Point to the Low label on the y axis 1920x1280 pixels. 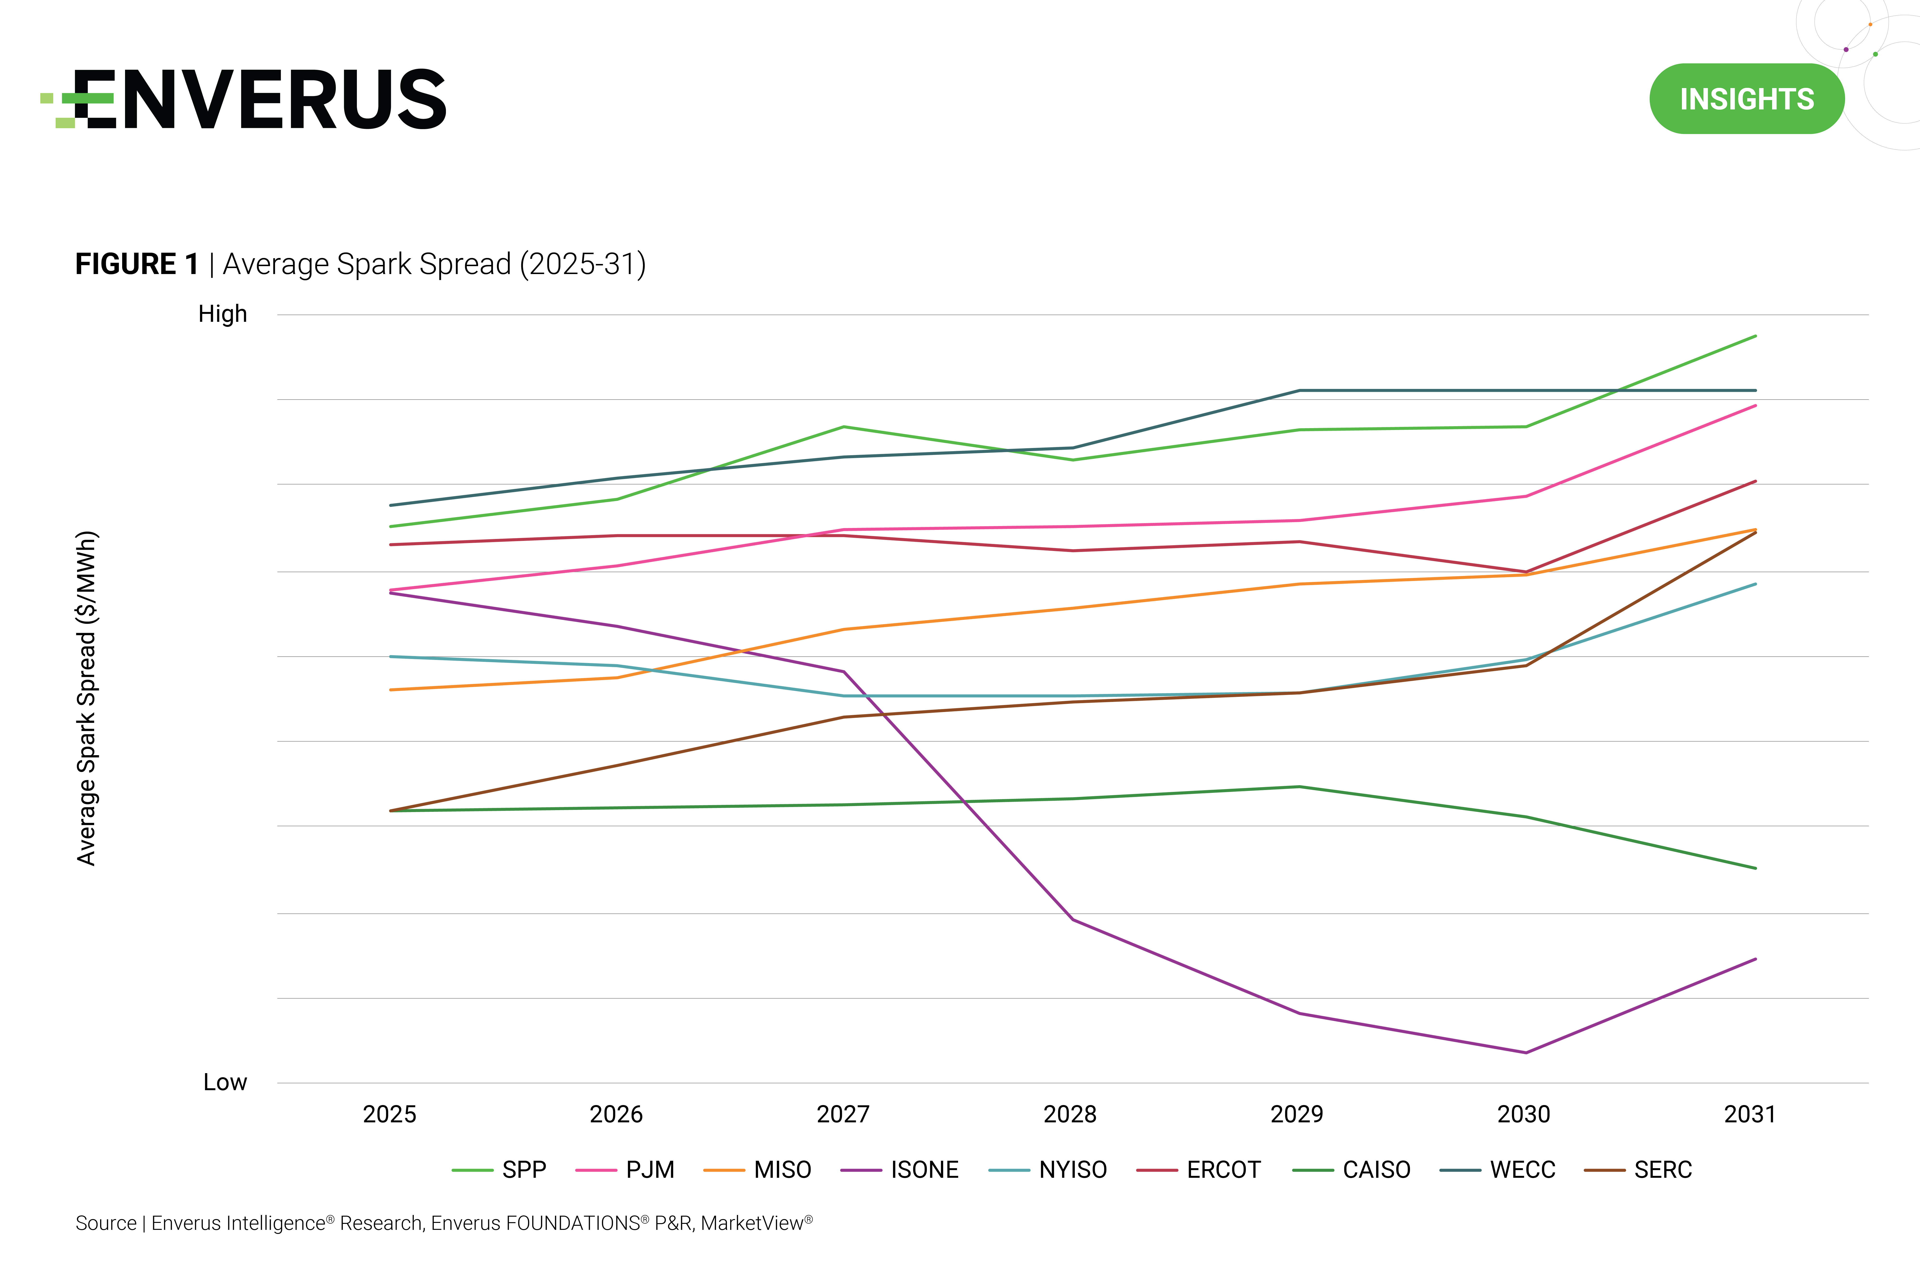224,1083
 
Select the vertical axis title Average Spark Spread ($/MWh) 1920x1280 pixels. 87,698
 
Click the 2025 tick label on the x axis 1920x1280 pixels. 389,1114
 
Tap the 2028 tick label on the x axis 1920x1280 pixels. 1069,1114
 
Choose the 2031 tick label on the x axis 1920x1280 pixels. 1749,1114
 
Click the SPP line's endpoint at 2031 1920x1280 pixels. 1755,335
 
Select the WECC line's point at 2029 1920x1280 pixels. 1299,390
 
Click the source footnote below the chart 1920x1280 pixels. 444,1223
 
